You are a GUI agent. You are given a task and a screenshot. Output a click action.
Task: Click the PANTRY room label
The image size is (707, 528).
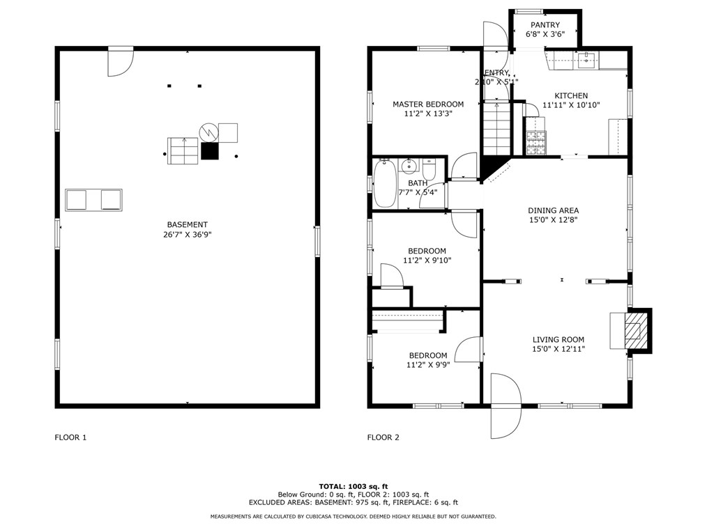pos(545,25)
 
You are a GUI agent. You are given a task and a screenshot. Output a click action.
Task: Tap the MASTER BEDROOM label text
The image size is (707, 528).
pos(428,104)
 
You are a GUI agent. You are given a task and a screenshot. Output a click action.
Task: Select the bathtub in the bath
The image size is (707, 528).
pos(385,183)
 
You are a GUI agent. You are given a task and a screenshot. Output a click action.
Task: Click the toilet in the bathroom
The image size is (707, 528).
pos(428,169)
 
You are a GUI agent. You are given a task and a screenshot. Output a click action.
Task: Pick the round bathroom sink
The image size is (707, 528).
pos(409,166)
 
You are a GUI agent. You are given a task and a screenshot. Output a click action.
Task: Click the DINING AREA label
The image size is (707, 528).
pos(553,210)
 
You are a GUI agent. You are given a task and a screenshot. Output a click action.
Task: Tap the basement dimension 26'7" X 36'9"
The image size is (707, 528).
pos(188,234)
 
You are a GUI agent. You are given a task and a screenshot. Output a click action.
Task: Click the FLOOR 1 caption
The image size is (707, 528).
pos(70,437)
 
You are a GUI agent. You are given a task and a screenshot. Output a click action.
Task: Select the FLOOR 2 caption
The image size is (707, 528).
pos(383,437)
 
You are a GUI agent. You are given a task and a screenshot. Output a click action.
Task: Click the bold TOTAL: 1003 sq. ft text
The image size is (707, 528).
pos(353,486)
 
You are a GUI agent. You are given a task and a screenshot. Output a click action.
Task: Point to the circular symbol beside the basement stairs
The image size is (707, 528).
pos(208,132)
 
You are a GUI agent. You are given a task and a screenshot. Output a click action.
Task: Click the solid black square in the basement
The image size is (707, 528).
pos(210,151)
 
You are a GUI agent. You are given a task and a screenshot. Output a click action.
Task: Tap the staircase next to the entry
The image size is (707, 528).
pos(496,129)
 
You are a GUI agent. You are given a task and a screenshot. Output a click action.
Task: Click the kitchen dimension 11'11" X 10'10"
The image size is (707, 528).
pos(571,105)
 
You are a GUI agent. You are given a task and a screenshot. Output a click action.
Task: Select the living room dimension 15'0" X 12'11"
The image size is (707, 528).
pos(558,349)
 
